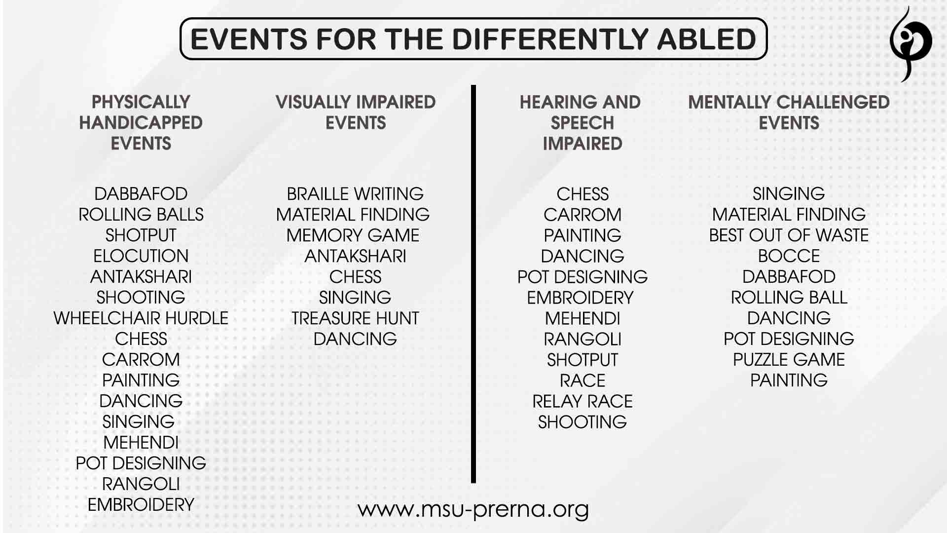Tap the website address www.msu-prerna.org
pos(473,509)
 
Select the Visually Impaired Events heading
pos(356,112)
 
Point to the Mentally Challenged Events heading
pos(789,112)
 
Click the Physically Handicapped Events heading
pos(141,122)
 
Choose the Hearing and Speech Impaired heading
pos(581,122)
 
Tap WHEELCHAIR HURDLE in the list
pos(141,318)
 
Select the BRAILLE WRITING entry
pos(355,193)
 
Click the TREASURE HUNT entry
pos(355,318)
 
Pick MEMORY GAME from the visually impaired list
pos(353,235)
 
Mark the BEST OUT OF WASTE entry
pos(789,235)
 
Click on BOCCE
pos(789,256)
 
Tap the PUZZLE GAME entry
pos(789,359)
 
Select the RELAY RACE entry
pos(583,401)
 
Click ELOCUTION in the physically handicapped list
pos(141,256)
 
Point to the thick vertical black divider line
pos(473,284)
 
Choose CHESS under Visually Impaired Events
pos(355,276)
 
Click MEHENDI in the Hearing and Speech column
pos(583,318)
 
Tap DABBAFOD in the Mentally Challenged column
pos(789,276)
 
